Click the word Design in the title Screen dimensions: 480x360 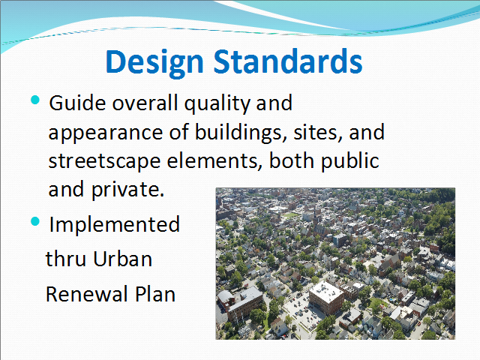pos(154,62)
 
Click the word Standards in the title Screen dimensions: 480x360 pos(288,61)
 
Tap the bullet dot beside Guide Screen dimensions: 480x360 pos(35,100)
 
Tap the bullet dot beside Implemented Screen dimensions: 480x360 pos(35,221)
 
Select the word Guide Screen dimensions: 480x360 pos(78,103)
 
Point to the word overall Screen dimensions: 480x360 pos(145,103)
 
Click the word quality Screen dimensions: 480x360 pos(217,104)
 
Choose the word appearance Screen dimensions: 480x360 pos(106,133)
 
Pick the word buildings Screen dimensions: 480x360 pos(241,133)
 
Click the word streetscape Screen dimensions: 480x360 pos(104,162)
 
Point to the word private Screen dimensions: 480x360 pos(128,190)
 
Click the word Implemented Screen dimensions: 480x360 pos(115,224)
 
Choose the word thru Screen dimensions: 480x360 pos(65,259)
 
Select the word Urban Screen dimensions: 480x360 pos(122,259)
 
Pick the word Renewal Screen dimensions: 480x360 pos(87,294)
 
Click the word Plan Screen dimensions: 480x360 pos(155,294)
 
